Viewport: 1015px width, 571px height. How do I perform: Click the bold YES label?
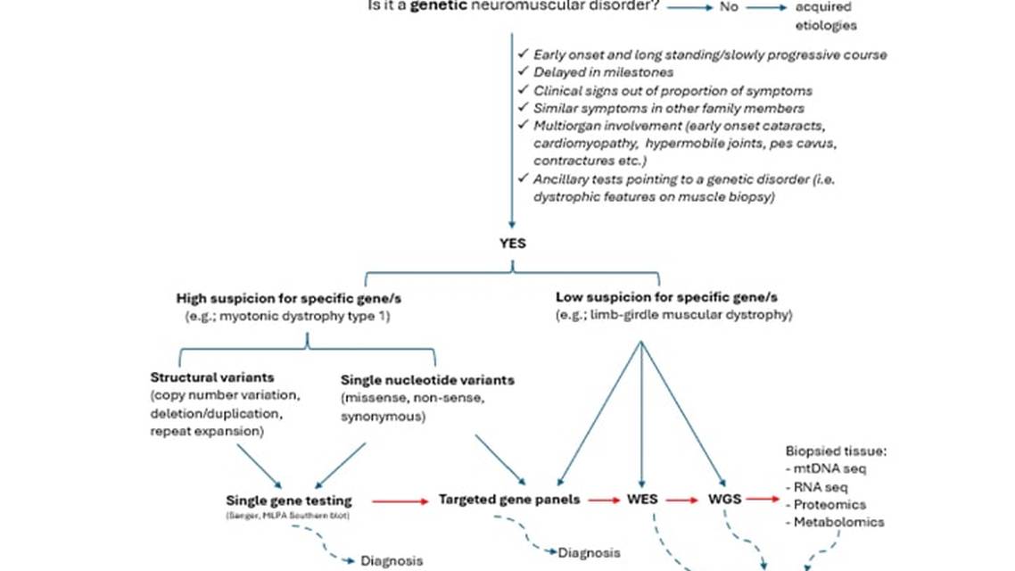click(x=512, y=243)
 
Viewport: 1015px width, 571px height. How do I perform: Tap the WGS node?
click(x=725, y=499)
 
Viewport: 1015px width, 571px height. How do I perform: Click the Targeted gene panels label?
click(x=509, y=499)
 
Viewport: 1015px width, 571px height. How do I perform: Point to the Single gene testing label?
click(x=289, y=501)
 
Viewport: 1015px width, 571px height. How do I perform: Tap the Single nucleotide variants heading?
click(x=427, y=379)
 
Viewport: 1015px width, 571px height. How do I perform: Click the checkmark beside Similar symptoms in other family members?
click(x=524, y=108)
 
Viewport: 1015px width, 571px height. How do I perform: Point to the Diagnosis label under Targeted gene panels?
click(x=588, y=553)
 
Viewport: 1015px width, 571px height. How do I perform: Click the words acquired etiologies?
click(x=825, y=16)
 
